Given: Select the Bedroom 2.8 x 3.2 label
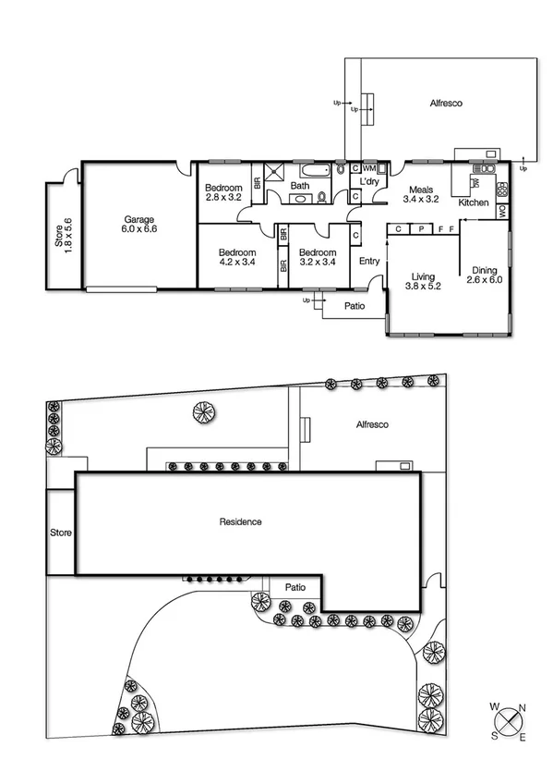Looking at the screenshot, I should pos(223,193).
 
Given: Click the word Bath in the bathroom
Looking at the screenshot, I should pos(300,186).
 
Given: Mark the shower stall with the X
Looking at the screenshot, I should pos(274,171).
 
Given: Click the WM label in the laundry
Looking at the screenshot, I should pos(369,169).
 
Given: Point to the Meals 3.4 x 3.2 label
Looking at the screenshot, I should pos(420,194).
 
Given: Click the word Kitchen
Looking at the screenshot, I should pos(474,202).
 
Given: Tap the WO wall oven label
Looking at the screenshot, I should pos(501,211).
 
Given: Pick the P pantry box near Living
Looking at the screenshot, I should pos(420,227).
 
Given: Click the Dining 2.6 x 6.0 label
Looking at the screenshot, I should pos(484,275).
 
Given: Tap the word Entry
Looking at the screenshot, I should pos(369,262).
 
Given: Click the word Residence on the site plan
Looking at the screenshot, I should pos(240,522).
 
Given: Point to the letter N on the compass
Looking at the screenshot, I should pos(523,709).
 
